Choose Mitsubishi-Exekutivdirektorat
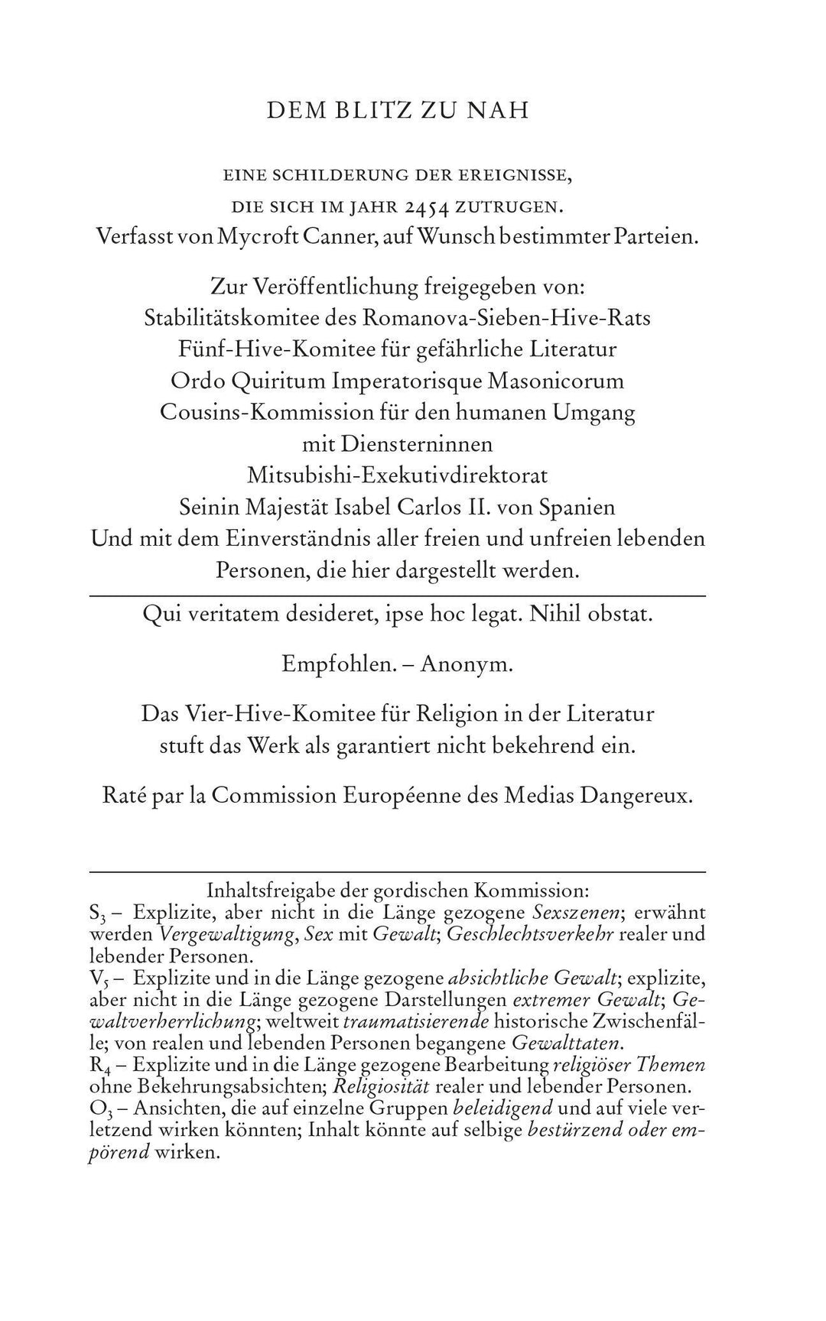398,475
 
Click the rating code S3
96,913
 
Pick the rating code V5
97,979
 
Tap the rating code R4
97,1066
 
